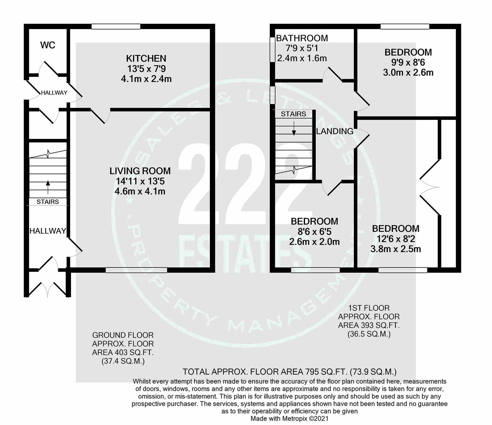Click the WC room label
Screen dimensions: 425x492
click(48, 45)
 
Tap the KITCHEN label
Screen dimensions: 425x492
click(146, 58)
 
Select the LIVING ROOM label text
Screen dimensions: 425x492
click(140, 171)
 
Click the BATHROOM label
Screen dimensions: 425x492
click(302, 38)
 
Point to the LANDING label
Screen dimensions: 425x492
click(335, 131)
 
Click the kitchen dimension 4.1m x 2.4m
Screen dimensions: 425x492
click(146, 79)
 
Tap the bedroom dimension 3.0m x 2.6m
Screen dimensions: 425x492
click(408, 73)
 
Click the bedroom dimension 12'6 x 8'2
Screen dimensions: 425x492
click(395, 239)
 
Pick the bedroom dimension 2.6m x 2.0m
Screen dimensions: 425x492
click(314, 242)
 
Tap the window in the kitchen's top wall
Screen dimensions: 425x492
click(116, 27)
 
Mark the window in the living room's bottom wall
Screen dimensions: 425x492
click(136, 270)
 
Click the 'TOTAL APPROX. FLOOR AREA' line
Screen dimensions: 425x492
click(289, 372)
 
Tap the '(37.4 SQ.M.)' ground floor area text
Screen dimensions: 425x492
click(123, 361)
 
